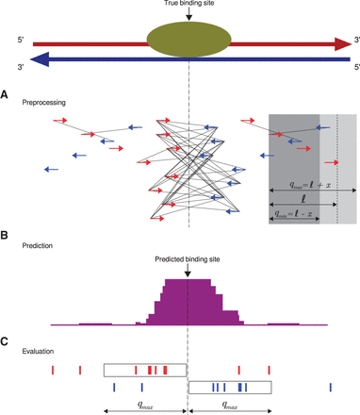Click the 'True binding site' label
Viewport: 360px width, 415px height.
(x=188, y=6)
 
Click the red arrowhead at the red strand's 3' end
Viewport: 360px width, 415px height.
(x=341, y=42)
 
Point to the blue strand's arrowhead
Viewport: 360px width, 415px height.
(x=38, y=59)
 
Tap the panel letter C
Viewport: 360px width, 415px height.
(x=7, y=340)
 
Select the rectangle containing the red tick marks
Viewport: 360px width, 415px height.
(x=145, y=370)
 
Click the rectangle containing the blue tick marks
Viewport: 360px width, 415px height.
(x=231, y=387)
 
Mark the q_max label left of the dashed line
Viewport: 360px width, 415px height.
(x=146, y=400)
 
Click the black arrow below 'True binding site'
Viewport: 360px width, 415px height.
(x=188, y=17)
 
